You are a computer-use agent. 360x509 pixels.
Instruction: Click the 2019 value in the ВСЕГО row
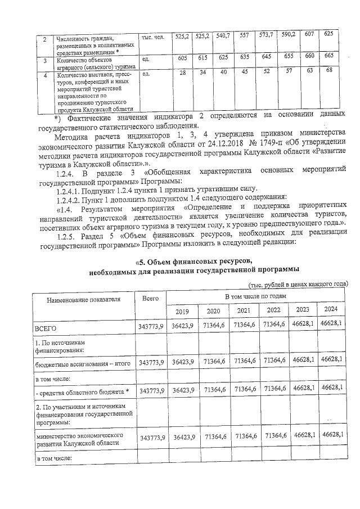click(x=183, y=326)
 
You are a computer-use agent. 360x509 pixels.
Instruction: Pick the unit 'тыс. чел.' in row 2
click(x=152, y=38)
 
